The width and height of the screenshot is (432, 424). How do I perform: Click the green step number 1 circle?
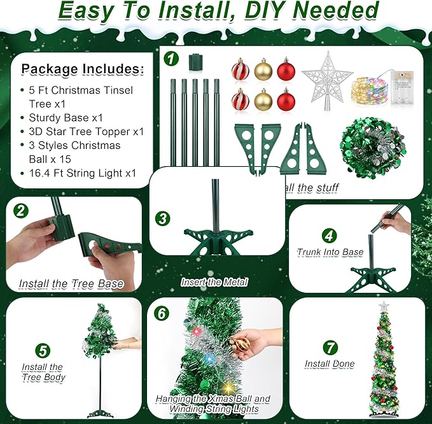pos(170,59)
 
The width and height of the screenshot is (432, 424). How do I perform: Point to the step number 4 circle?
pos(329,236)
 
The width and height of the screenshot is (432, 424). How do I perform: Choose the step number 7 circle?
pos(330,347)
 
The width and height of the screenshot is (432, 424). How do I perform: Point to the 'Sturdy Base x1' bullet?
pos(66,118)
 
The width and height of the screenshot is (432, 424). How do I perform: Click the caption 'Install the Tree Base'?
pos(71,283)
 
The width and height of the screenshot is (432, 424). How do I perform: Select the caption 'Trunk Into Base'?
pos(330,252)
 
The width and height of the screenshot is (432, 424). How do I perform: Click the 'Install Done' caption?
pos(329,364)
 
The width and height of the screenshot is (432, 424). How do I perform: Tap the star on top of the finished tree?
pos(383,307)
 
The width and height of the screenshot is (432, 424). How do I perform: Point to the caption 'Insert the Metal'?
pos(214,281)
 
